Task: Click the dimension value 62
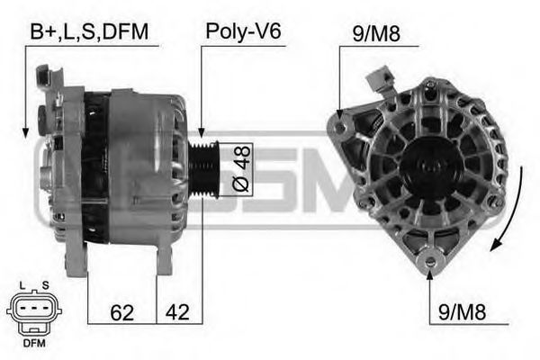[122, 313]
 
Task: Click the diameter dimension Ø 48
[241, 170]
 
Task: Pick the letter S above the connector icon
[45, 286]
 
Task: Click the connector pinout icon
[34, 311]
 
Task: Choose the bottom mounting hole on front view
[429, 261]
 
